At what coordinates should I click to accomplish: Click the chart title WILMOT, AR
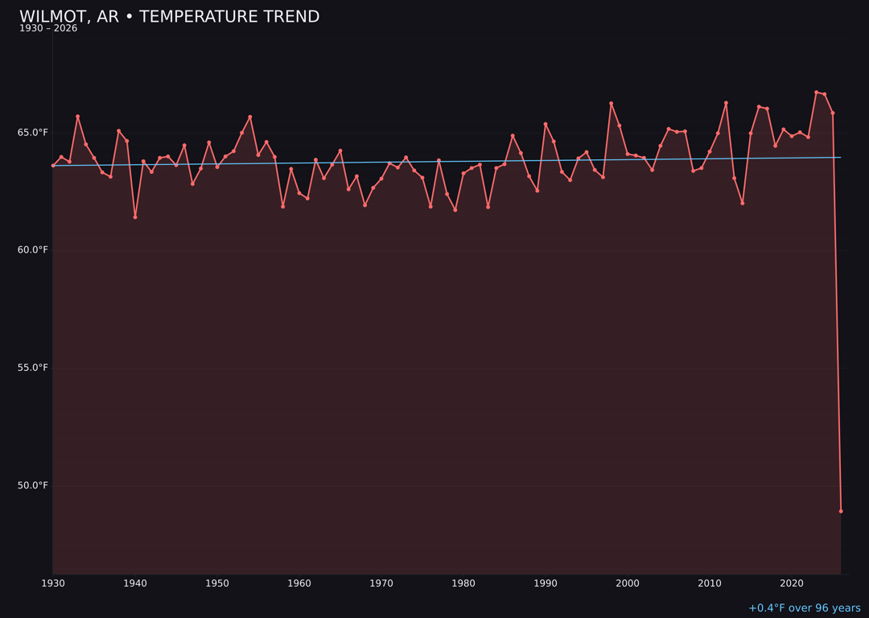[x=169, y=17]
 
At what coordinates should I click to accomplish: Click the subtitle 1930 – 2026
[x=48, y=29]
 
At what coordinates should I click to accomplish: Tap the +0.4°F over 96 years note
[x=804, y=608]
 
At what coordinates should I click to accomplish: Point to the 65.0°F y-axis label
[x=33, y=133]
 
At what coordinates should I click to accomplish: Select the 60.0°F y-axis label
[x=33, y=250]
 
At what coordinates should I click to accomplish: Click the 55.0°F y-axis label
[x=33, y=368]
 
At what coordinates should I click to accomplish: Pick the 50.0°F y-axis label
[x=33, y=485]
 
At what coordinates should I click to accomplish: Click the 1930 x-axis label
[x=53, y=583]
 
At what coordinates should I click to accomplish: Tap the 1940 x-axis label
[x=135, y=583]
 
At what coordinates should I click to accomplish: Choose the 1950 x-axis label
[x=217, y=583]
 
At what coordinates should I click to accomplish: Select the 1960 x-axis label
[x=299, y=583]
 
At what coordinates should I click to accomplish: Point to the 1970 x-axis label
[x=381, y=583]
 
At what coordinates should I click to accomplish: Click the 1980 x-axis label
[x=463, y=583]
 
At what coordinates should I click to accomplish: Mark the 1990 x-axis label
[x=546, y=583]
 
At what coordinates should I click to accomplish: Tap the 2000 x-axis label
[x=628, y=583]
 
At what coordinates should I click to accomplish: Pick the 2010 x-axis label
[x=710, y=583]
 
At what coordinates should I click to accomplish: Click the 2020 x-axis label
[x=792, y=583]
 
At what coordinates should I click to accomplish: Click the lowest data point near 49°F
[x=841, y=511]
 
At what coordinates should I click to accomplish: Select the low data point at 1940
[x=135, y=217]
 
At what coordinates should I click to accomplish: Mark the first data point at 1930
[x=53, y=165]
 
